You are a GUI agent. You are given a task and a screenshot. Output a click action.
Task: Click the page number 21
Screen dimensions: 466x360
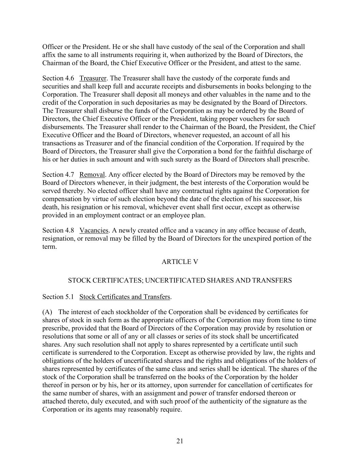tap(180, 441)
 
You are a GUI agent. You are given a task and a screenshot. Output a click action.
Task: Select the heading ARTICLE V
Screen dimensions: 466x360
tap(180, 262)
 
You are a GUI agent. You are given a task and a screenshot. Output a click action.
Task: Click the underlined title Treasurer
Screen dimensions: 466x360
tap(93, 79)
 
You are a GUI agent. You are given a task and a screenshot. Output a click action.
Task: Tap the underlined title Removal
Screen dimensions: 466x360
tap(92, 175)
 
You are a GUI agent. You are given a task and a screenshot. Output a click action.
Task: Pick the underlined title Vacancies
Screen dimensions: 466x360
tap(94, 230)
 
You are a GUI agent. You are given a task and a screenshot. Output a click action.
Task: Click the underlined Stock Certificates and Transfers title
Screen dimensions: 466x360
tap(125, 297)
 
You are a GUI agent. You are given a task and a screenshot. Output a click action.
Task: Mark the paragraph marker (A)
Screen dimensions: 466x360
tap(47, 312)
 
